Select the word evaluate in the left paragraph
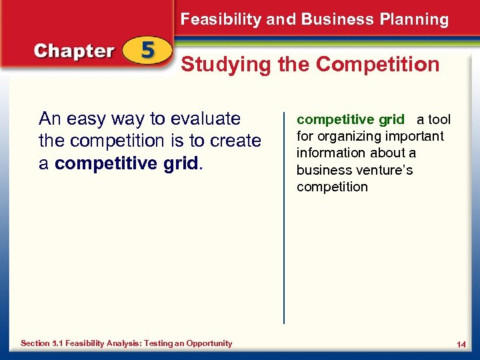[x=205, y=119]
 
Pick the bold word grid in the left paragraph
[x=181, y=163]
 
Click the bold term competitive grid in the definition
[x=350, y=120]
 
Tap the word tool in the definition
[x=439, y=120]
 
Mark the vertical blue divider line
[x=285, y=213]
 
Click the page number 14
[x=461, y=344]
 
